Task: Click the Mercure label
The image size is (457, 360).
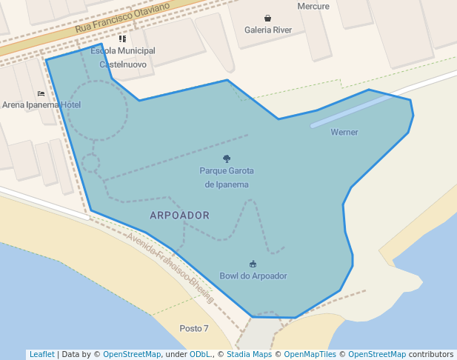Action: point(313,6)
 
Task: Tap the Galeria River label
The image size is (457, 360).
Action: point(268,30)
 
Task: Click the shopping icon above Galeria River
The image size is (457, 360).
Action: point(267,18)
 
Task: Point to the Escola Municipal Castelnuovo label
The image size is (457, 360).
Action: point(123,58)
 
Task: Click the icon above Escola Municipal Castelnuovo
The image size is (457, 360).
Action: point(123,39)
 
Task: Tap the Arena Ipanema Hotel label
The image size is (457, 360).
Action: point(41,105)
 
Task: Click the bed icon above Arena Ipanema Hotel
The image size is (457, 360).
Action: point(41,93)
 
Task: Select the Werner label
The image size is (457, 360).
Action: point(344,133)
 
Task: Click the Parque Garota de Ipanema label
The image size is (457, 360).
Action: point(227,178)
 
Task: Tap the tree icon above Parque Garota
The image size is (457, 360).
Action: point(227,159)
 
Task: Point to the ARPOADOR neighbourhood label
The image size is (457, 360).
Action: point(179,216)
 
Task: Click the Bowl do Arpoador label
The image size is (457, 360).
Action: point(253,276)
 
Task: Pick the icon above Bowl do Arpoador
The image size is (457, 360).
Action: point(253,264)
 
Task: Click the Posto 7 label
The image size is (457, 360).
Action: point(194,328)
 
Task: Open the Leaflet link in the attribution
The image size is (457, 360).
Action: point(41,355)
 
